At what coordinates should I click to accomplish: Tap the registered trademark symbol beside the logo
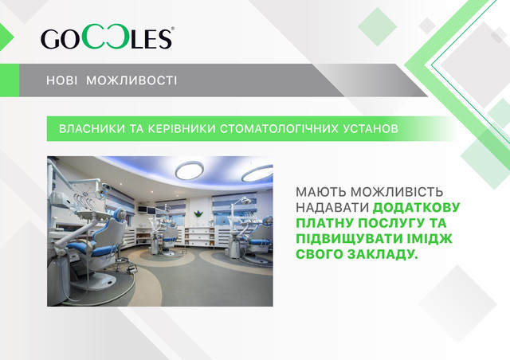point(172,29)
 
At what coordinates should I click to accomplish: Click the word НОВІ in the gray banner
point(62,80)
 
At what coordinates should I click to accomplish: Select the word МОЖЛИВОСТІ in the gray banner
point(131,80)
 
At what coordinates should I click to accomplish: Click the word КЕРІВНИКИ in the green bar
point(182,129)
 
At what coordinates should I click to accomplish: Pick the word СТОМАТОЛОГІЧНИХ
point(279,129)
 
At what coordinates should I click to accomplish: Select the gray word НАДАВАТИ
point(332,208)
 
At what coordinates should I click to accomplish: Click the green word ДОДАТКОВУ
point(416,208)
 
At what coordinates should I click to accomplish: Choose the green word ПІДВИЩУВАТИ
point(346,239)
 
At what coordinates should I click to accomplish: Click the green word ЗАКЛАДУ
point(382,254)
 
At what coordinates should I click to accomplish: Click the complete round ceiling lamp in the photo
point(190,170)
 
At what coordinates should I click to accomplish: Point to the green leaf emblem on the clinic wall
point(198,213)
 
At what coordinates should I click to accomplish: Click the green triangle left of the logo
point(6,37)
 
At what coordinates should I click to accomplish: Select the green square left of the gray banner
point(10,80)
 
